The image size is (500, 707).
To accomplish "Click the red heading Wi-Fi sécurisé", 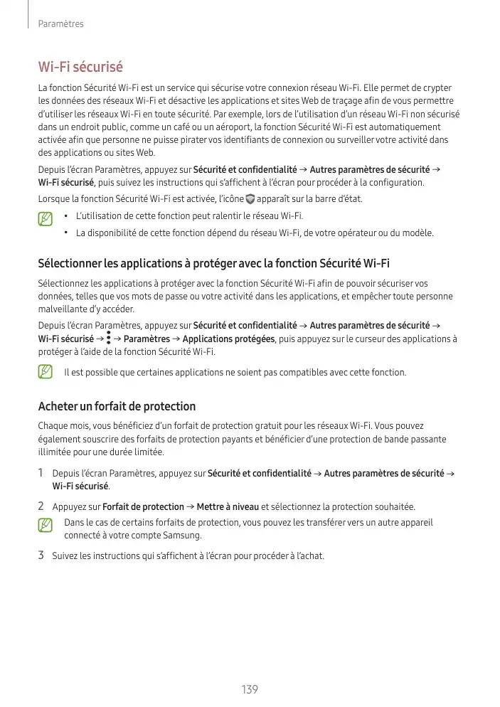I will point(80,67).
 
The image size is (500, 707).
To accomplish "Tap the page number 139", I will point(250,690).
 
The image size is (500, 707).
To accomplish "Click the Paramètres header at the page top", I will point(61,24).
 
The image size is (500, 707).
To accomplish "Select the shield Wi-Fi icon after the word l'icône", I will point(249,199).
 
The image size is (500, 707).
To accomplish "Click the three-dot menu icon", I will point(108,338).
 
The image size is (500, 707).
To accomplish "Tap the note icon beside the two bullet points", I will point(46,216).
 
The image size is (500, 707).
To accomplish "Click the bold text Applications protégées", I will point(228,339).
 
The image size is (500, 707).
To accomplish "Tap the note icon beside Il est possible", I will point(46,372).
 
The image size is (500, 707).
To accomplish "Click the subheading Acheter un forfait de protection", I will point(116,407).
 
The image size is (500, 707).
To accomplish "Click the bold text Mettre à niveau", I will point(228,507).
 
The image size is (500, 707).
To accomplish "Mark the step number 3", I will point(41,555).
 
